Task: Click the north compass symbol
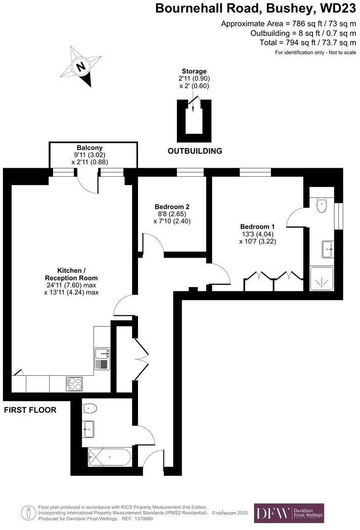click(80, 66)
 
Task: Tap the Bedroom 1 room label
click(257, 226)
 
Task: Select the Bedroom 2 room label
click(172, 207)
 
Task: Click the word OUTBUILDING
click(195, 151)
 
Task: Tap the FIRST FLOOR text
click(30, 410)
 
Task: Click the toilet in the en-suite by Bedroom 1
click(322, 205)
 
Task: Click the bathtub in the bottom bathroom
click(110, 458)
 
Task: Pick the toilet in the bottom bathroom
click(91, 407)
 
